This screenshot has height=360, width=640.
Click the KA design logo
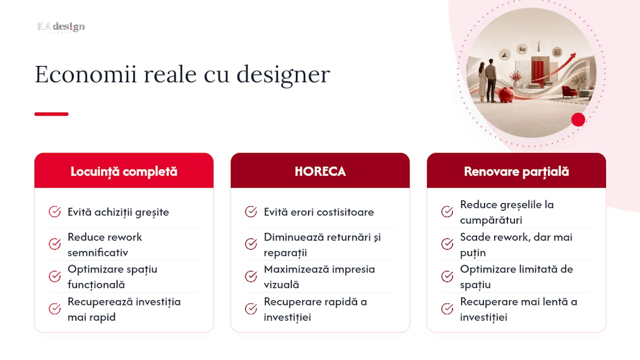[x=61, y=27]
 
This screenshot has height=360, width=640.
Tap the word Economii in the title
[x=85, y=74]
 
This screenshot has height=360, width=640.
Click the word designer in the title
[x=283, y=75]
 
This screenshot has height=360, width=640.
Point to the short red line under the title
[x=51, y=114]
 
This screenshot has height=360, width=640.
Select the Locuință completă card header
[x=123, y=170]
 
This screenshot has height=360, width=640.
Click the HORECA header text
[x=320, y=171]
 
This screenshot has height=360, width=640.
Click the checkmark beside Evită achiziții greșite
[x=54, y=211]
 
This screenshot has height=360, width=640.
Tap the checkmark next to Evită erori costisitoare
[x=251, y=211]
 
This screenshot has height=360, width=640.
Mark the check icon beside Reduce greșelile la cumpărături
[x=447, y=211]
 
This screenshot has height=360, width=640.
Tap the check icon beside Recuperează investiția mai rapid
[x=54, y=309]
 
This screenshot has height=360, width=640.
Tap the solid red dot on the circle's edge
[x=578, y=119]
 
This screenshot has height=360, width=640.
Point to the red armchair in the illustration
[x=569, y=91]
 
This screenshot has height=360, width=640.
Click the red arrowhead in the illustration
[x=572, y=55]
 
